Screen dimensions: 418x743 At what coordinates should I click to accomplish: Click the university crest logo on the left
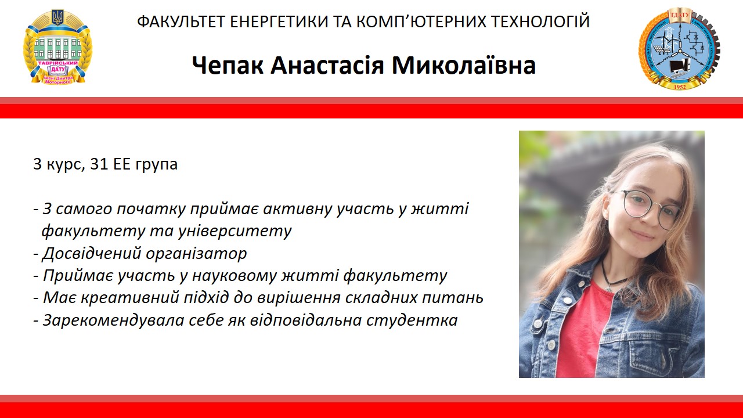point(57,48)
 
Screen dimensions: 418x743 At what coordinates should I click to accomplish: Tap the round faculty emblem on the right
point(678,48)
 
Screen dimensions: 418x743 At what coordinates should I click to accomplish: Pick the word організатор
point(197,254)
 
